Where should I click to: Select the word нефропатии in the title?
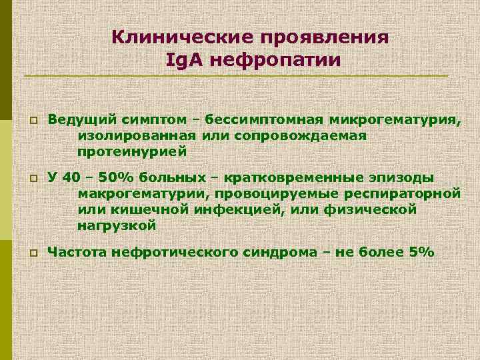click(274, 60)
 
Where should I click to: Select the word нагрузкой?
click(117, 226)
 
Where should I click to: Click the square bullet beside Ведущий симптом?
click(31, 120)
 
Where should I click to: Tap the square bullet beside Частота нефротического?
click(31, 254)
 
